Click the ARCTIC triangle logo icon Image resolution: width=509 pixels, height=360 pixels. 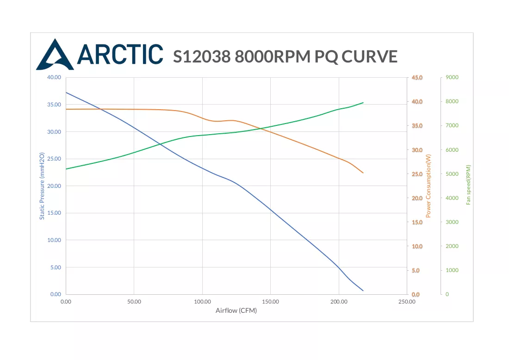tap(55, 55)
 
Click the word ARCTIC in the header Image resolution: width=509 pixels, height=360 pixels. tap(120, 54)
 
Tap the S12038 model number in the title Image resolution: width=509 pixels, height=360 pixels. tap(202, 56)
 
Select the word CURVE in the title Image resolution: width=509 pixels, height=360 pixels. tap(369, 56)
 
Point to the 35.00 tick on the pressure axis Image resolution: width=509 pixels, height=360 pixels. tap(54, 105)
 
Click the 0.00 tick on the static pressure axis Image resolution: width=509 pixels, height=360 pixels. tap(56, 294)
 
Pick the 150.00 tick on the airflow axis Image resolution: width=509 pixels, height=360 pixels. tap(270, 302)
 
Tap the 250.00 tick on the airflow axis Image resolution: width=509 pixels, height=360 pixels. tap(407, 302)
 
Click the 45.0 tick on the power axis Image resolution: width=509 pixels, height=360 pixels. tap(417, 78)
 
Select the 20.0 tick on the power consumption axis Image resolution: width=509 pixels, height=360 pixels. tap(417, 198)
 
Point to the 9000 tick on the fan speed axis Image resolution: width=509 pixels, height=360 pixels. tap(452, 77)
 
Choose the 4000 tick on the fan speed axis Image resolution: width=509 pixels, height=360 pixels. tap(452, 198)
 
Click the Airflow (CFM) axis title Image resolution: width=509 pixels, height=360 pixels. tap(236, 310)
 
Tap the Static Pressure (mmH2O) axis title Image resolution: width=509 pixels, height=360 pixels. tap(42, 186)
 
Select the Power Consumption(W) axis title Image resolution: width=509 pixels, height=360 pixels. tap(428, 186)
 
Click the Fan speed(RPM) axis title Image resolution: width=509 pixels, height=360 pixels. tap(468, 185)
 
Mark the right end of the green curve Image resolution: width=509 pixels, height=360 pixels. tap(363, 103)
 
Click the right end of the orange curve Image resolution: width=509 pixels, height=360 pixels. tap(363, 173)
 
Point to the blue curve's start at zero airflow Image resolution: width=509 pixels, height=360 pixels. tap(66, 93)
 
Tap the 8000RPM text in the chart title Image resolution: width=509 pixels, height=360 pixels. tap(273, 56)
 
